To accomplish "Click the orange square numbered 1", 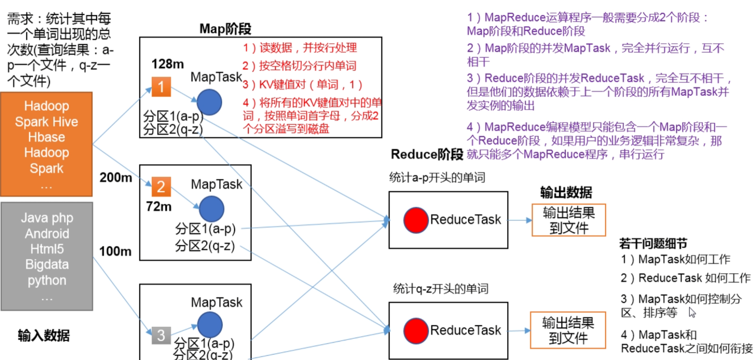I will (161, 87).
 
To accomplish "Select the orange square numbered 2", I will (161, 187).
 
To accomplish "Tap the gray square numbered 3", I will (161, 335).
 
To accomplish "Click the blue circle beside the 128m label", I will (209, 102).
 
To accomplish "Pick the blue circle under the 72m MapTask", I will (212, 209).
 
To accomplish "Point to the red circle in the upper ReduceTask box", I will (416, 220).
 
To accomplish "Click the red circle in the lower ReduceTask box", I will (416, 330).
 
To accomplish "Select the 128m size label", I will (167, 64).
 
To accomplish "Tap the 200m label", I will (115, 178).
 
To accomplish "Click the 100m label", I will (115, 251).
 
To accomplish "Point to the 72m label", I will (159, 206).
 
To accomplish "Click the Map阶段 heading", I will (225, 29).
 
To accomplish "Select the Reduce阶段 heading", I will (426, 154).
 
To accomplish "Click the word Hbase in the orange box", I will (47, 137).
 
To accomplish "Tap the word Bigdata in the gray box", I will (47, 264).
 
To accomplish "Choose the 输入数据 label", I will (43, 336).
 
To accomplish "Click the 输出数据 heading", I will (566, 193).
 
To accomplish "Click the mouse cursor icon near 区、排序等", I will (692, 313).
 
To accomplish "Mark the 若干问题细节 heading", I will (653, 244).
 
